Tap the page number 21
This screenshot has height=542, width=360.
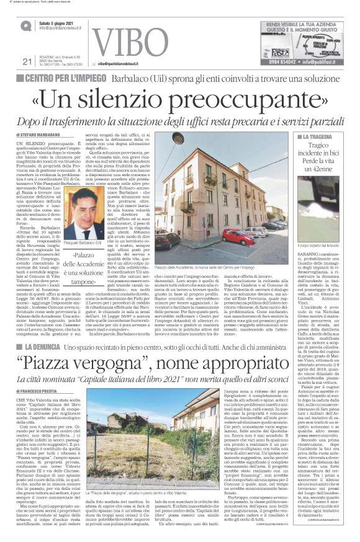[x=26, y=78]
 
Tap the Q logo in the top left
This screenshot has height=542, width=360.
[x=26, y=27]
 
